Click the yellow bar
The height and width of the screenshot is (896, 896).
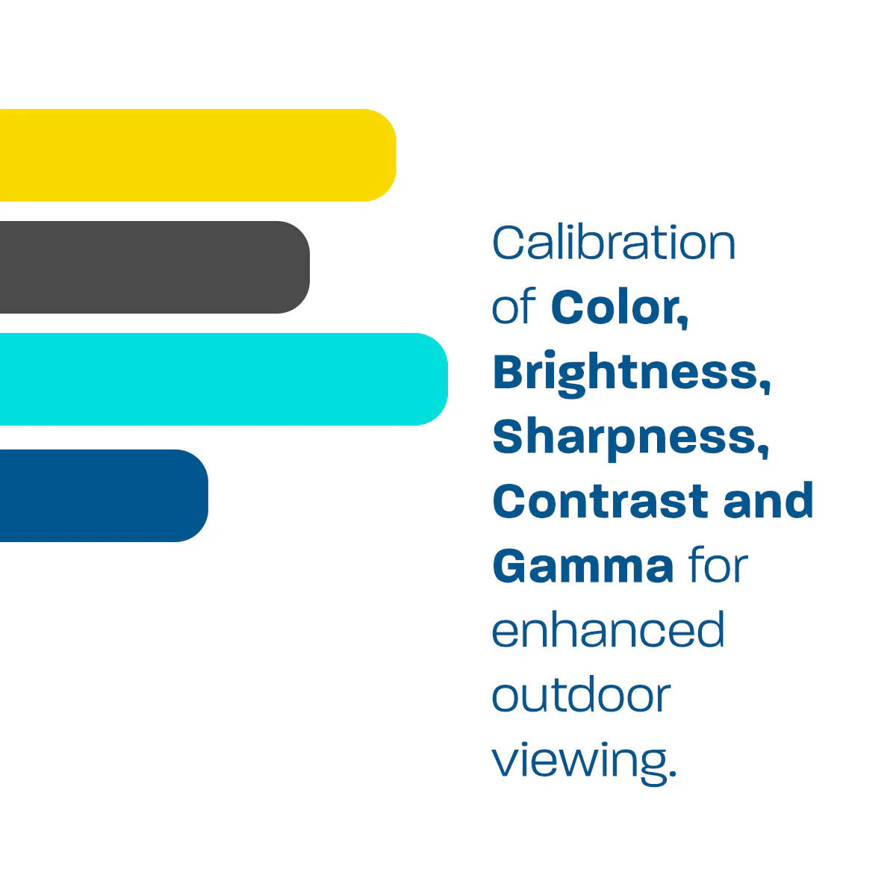tap(194, 155)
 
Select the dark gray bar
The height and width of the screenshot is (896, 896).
tap(149, 267)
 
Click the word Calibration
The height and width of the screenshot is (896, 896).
tap(614, 243)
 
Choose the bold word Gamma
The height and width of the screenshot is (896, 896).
tap(583, 566)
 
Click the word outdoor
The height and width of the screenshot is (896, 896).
tap(581, 695)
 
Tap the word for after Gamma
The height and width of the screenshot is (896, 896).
tap(718, 565)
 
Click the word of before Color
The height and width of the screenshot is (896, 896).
tap(514, 308)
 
